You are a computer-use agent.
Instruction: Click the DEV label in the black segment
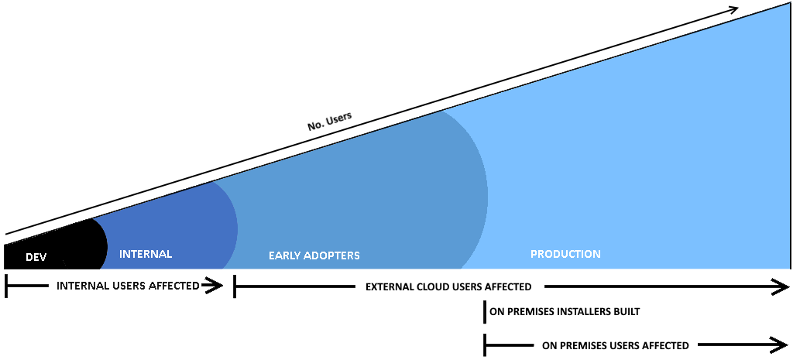coord(36,257)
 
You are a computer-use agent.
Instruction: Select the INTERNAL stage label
coord(146,254)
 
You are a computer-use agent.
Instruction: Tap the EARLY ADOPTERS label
coord(314,255)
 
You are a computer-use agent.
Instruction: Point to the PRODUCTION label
coord(565,254)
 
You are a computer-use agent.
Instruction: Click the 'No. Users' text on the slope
coord(330,122)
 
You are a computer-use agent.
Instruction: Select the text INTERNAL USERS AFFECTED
coord(128,286)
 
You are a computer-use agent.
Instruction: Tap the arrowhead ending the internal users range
coord(213,286)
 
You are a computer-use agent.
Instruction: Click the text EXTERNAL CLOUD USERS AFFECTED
coord(448,287)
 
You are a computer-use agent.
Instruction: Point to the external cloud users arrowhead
coord(780,287)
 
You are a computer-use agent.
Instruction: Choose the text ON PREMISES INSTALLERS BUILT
coord(565,311)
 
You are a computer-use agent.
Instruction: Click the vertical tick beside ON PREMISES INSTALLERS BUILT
coord(485,311)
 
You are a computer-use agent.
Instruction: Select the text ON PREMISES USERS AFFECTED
coord(616,346)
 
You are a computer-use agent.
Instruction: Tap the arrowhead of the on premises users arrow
coord(778,345)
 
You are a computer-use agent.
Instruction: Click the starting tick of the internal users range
coord(5,286)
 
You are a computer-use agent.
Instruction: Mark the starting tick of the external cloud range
coord(234,286)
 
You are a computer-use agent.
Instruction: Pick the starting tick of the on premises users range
coord(485,345)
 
